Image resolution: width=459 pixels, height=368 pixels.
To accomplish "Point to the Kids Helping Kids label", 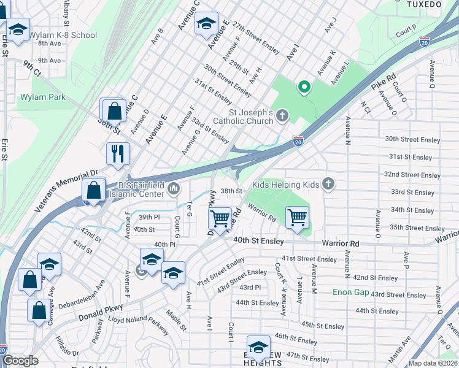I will coord(287,184).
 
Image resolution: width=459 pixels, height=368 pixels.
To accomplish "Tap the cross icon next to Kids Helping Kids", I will coord(328,183).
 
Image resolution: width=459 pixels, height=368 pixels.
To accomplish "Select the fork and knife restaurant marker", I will coord(117,153).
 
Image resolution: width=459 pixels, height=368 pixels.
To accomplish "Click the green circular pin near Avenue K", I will coord(303,87).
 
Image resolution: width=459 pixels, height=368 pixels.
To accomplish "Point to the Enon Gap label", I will coord(351,292).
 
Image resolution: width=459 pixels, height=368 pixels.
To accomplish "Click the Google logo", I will coord(20,361).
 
